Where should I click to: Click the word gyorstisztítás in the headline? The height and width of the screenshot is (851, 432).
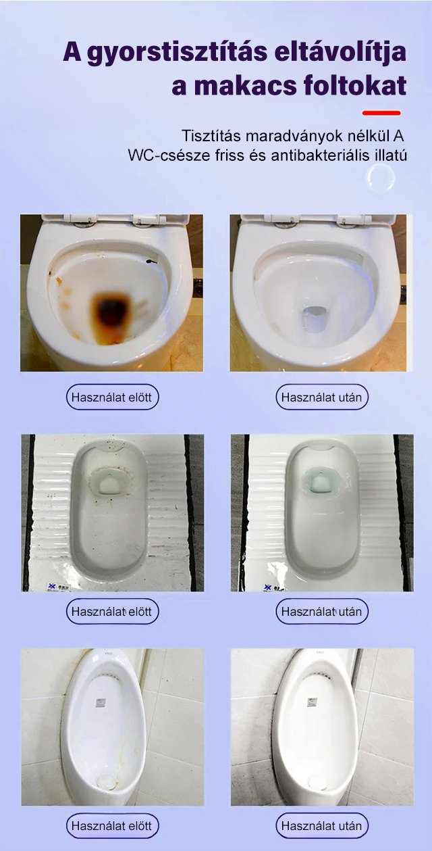(x=178, y=53)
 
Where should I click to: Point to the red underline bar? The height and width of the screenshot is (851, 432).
(x=381, y=113)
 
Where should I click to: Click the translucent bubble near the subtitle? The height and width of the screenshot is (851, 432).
(x=381, y=178)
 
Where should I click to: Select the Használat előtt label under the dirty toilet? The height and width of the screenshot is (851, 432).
(x=112, y=397)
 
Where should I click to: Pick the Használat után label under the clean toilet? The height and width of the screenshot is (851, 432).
(x=322, y=397)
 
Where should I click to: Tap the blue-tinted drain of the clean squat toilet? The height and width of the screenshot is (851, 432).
(x=320, y=483)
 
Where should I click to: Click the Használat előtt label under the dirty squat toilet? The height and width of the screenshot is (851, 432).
(x=112, y=612)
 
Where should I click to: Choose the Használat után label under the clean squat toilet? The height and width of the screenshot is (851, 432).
(x=322, y=612)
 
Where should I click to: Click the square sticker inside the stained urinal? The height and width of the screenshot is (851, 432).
(x=100, y=703)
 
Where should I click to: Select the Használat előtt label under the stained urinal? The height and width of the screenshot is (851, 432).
(x=112, y=826)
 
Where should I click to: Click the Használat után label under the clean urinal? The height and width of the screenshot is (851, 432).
(x=322, y=826)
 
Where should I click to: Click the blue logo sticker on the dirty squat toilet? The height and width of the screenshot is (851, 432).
(x=57, y=586)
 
